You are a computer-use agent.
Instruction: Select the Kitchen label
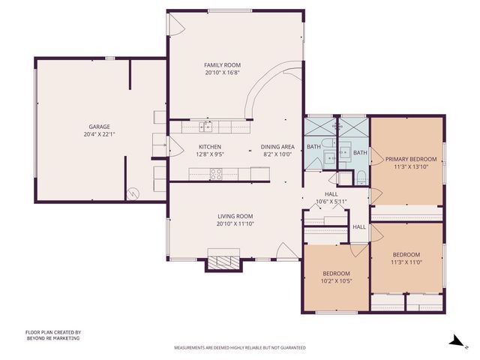pyautogui.click(x=210, y=146)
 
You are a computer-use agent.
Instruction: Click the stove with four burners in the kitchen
pyautogui.click(x=216, y=173)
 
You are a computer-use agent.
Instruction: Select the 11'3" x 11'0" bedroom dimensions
pyautogui.click(x=406, y=262)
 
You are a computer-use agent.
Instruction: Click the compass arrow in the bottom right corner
pyautogui.click(x=454, y=340)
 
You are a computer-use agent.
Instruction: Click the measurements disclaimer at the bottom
pyautogui.click(x=239, y=348)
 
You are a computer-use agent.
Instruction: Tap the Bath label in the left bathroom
pyautogui.click(x=313, y=146)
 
